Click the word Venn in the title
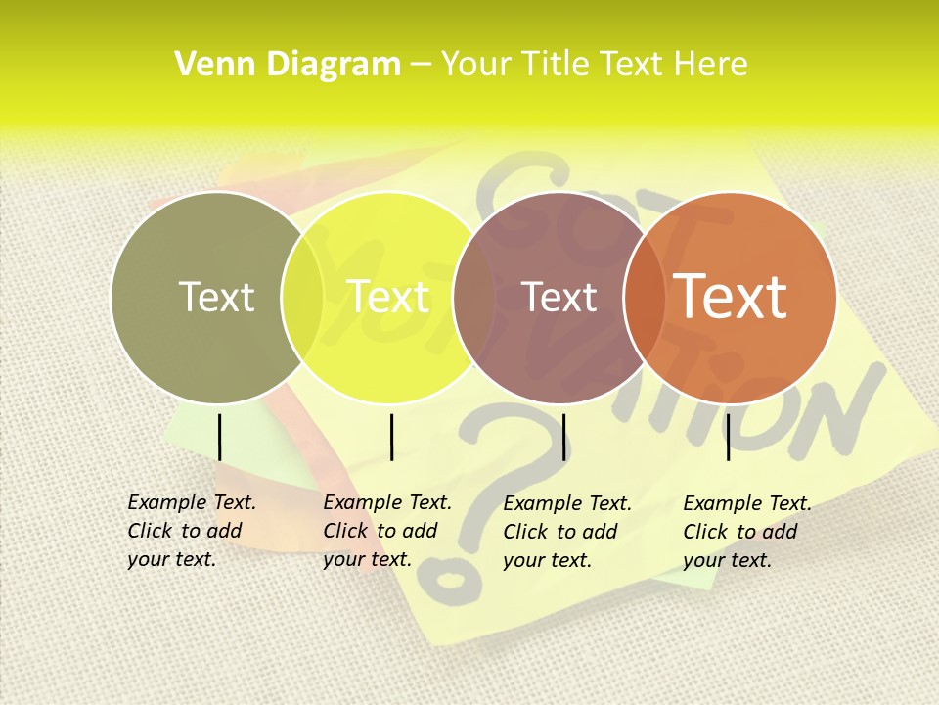click(x=206, y=65)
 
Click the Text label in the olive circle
click(x=216, y=297)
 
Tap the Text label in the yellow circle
click(x=388, y=297)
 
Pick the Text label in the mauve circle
click(x=559, y=297)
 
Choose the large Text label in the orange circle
click(x=731, y=297)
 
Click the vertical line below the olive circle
click(x=219, y=437)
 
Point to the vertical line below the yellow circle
click(x=391, y=437)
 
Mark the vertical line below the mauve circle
click(x=564, y=437)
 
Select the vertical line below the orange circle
click(x=729, y=437)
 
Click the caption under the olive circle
click(x=191, y=531)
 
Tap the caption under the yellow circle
click(x=386, y=531)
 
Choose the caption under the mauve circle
click(x=567, y=532)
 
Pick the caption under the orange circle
click(x=746, y=532)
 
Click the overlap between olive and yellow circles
click(x=302, y=298)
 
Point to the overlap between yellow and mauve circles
click(x=473, y=298)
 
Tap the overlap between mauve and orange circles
click(x=645, y=298)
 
